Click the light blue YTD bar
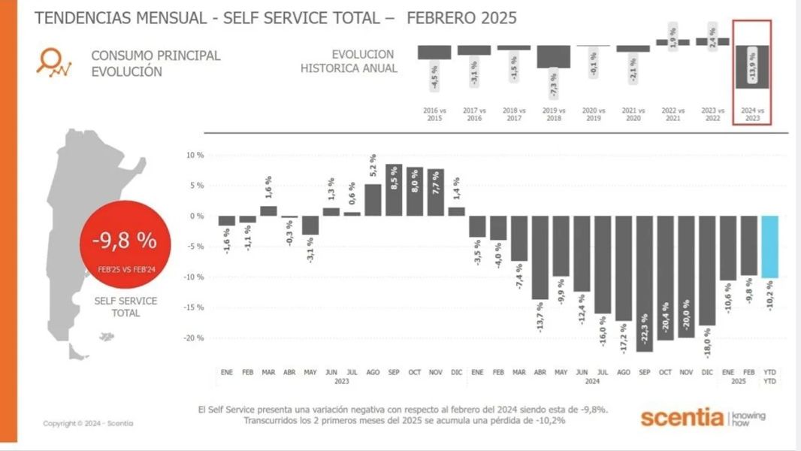coord(770,247)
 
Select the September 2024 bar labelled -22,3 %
coord(644,283)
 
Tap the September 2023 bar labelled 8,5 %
coord(394,190)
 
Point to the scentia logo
coord(682,417)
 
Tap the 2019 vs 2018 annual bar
coord(554,56)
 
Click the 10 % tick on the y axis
coord(195,155)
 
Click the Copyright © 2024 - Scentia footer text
coord(88,423)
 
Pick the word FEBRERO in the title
coord(443,17)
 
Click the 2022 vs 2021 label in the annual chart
coord(673,113)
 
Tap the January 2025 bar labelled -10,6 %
coord(728,248)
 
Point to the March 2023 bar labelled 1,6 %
coord(268,211)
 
